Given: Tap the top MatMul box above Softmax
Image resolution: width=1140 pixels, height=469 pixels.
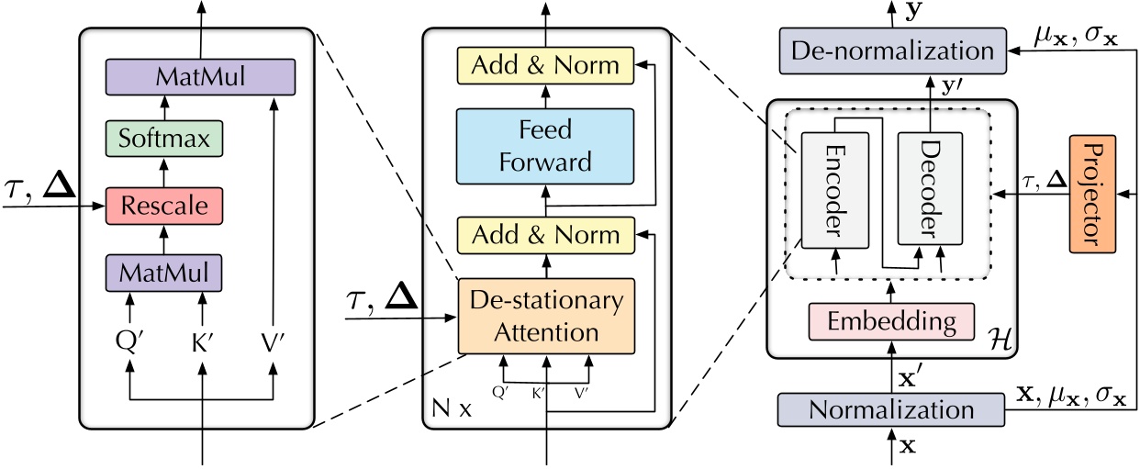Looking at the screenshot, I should pos(199,76).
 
